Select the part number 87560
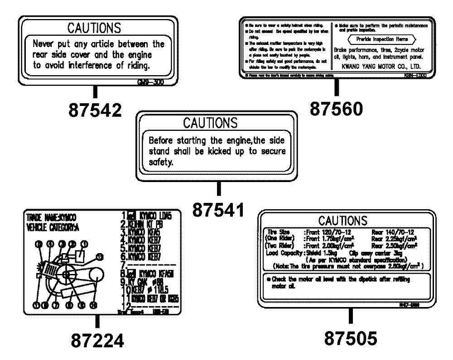point(336,109)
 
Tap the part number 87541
point(218,209)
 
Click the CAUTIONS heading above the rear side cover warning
point(94,28)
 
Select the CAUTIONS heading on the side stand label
point(210,123)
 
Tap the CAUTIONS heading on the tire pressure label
point(343,221)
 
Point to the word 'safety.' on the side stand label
point(161,162)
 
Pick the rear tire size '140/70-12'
point(399,232)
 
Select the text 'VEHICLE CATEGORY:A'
point(53,227)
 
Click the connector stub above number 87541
point(219,188)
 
